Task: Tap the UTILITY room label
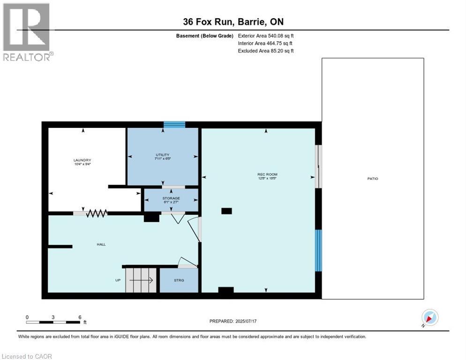pos(163,155)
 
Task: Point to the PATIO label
pos(373,179)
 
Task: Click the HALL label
pos(101,244)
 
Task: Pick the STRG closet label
pos(179,280)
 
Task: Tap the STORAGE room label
pos(171,198)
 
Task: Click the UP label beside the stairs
pos(118,280)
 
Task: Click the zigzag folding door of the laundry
pos(97,213)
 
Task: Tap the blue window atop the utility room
pos(174,125)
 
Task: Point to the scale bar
pos(53,322)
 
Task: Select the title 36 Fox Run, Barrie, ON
pos(233,22)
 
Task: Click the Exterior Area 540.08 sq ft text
pos(266,36)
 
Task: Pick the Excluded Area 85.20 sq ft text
pos(266,51)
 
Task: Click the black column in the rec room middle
pos(226,211)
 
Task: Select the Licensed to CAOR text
pos(27,356)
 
